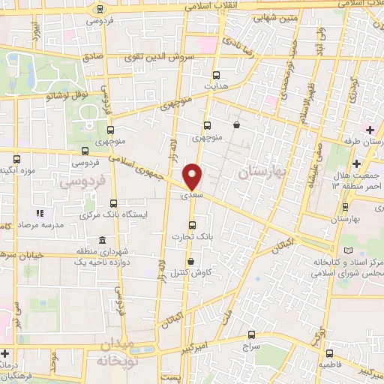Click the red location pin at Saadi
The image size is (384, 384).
[193, 175]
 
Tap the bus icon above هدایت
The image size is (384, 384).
[217, 75]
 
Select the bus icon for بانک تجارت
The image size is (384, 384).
[193, 224]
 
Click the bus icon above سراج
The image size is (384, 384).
[250, 337]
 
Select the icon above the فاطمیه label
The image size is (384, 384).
[328, 353]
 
